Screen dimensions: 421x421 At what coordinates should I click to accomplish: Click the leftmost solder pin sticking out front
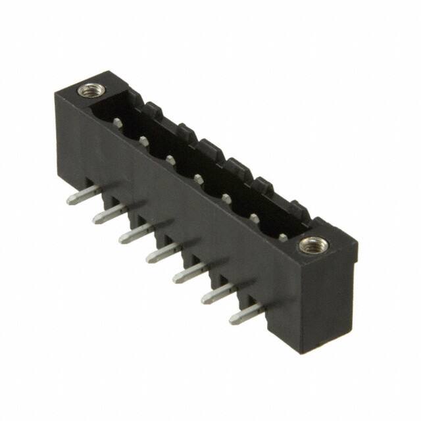click(84, 195)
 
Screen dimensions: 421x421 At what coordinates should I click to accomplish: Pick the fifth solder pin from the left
click(191, 272)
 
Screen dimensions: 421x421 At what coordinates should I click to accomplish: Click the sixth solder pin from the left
click(218, 293)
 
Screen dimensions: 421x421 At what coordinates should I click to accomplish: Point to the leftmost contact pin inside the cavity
click(117, 122)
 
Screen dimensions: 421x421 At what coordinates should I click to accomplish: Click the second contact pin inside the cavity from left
click(144, 140)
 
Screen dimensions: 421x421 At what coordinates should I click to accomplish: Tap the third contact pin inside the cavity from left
click(171, 159)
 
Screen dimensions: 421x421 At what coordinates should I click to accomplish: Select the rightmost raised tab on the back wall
click(299, 211)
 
